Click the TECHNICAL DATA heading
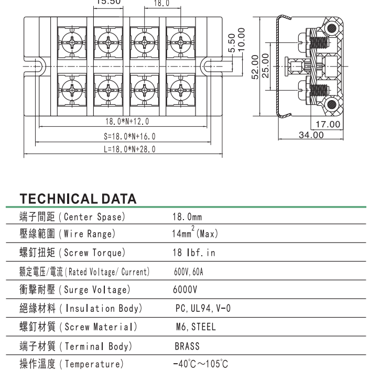click(x=78, y=199)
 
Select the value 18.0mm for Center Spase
click(x=187, y=217)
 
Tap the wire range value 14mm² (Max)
click(x=195, y=234)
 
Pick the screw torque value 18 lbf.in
click(x=193, y=253)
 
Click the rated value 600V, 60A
click(x=189, y=271)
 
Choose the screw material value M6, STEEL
click(x=196, y=327)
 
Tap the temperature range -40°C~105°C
click(x=200, y=364)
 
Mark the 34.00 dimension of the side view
click(x=311, y=135)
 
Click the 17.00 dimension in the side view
click(x=328, y=125)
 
